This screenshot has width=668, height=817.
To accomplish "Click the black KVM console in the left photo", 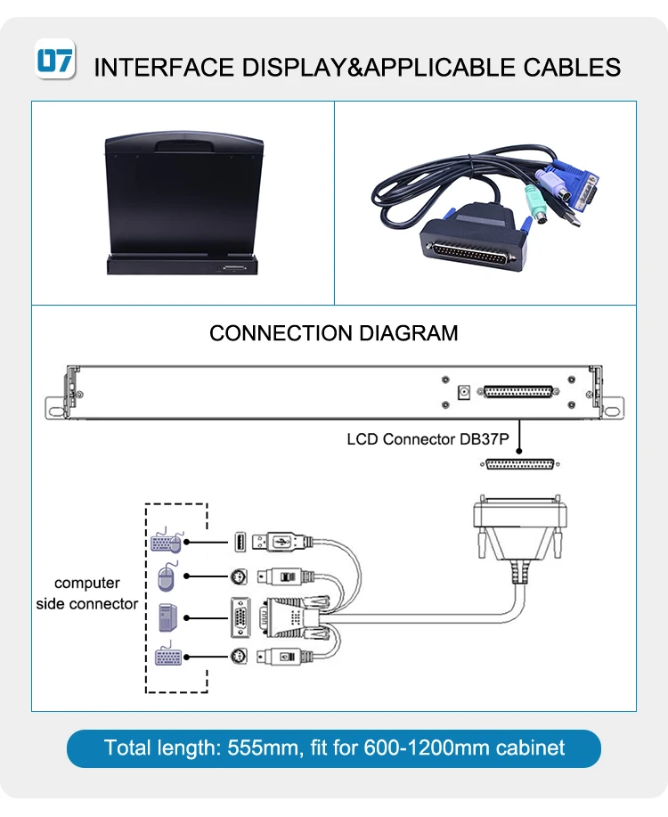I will point(183,204).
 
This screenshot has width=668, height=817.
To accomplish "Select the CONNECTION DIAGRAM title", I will point(334,333).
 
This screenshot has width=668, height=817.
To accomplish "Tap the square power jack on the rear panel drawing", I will point(463,391).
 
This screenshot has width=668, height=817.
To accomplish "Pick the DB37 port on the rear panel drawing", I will point(518,391).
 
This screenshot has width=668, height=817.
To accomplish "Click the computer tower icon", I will point(167,617).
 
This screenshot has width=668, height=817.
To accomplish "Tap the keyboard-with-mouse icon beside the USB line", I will point(167,542).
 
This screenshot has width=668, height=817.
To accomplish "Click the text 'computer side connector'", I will point(87,593).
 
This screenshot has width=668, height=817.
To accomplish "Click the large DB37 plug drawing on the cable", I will point(520,526).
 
